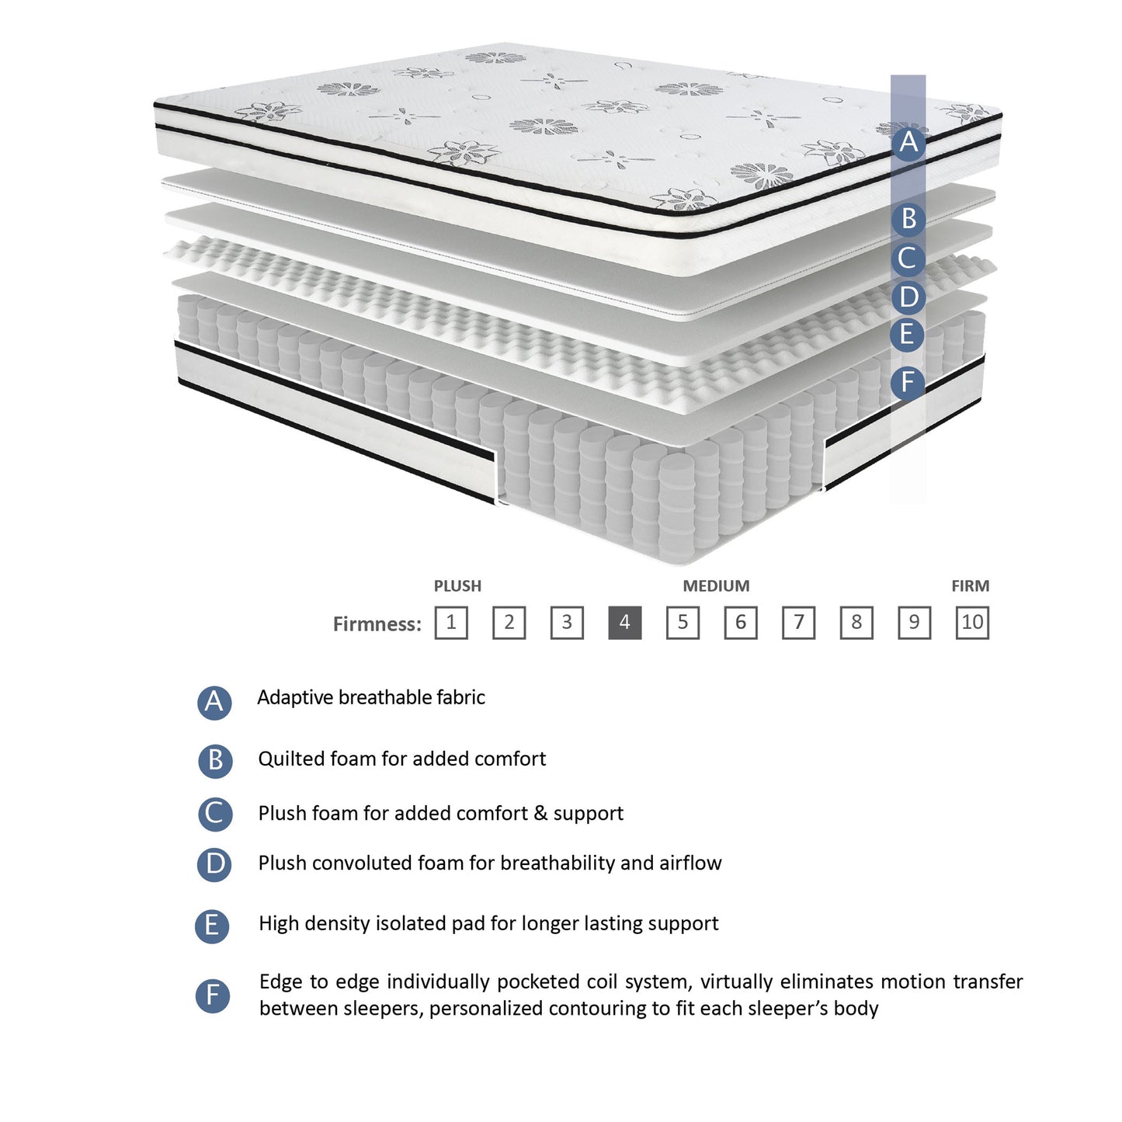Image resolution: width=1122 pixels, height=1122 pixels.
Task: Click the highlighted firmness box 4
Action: click(x=624, y=623)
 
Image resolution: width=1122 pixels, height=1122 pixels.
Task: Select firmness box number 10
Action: click(x=972, y=623)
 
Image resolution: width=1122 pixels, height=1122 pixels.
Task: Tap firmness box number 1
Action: click(x=451, y=623)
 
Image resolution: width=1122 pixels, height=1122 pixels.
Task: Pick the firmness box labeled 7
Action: click(x=798, y=623)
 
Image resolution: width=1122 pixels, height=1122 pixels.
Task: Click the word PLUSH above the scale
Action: click(x=457, y=586)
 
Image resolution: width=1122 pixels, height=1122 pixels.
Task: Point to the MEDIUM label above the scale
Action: click(x=716, y=586)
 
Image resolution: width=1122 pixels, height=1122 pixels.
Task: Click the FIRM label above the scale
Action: click(x=970, y=586)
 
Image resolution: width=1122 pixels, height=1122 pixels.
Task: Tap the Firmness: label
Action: click(x=377, y=624)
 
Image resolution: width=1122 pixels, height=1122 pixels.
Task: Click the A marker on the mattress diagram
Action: click(x=908, y=144)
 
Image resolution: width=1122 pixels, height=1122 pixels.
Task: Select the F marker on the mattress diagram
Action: click(x=907, y=382)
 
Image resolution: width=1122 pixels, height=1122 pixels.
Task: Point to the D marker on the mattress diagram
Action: click(x=908, y=297)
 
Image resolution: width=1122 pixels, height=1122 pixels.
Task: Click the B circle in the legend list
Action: click(x=215, y=760)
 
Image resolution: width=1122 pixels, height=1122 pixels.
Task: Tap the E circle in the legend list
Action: click(x=212, y=926)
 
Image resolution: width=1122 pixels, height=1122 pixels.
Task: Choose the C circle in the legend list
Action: click(x=215, y=814)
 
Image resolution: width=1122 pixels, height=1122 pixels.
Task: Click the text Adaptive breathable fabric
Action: click(x=371, y=697)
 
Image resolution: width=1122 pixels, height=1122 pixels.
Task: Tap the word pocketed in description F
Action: click(x=539, y=981)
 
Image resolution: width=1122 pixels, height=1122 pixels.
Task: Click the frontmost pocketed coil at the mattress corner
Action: click(x=676, y=509)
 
